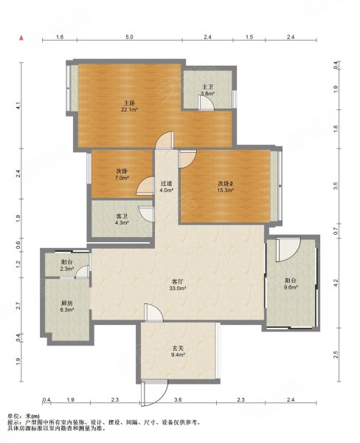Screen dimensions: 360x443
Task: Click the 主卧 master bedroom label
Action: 129,103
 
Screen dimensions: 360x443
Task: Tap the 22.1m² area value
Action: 129,109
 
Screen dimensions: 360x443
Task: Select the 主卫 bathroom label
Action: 207,87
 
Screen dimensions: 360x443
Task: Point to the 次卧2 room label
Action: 225,183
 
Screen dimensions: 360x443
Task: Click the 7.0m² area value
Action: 122,178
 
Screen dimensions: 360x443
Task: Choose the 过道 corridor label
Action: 166,183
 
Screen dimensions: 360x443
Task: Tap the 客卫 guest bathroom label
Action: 122,216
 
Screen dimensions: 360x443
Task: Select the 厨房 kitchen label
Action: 67,303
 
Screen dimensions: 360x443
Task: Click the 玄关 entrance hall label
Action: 178,348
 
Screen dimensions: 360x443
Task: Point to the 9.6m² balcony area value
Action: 291,287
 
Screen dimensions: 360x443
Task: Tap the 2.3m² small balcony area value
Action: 67,269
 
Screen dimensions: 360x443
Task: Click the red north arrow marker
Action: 21,38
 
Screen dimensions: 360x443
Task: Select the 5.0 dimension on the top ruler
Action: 129,37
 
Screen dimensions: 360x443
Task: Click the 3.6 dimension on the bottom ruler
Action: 178,399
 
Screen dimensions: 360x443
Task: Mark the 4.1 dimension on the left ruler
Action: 18,106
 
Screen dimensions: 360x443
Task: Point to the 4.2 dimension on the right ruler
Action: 336,283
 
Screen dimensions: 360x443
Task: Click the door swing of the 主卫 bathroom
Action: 206,103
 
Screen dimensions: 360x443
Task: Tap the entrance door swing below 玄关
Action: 154,393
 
